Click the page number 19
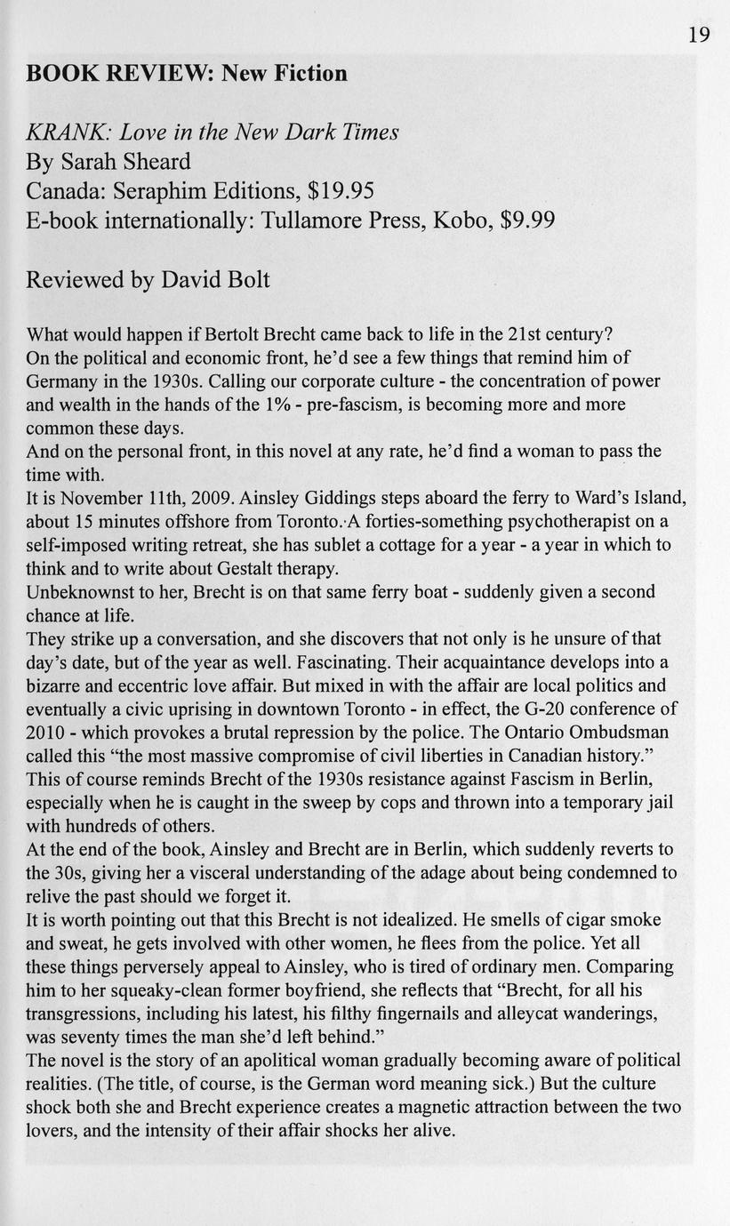pyautogui.click(x=699, y=35)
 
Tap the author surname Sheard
pyautogui.click(x=152, y=162)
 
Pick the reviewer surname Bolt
pyautogui.click(x=241, y=280)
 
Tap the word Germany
pyautogui.click(x=62, y=381)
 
